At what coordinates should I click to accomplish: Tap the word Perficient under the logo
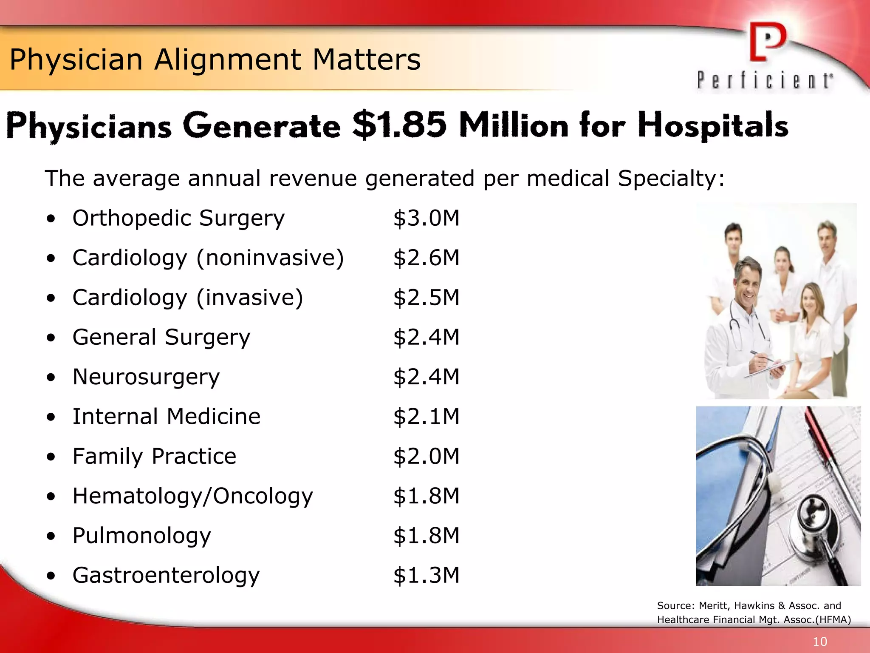(765, 81)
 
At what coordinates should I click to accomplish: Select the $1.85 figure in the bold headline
(399, 125)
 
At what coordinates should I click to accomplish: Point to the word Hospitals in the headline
(713, 126)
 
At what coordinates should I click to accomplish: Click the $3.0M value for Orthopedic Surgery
(426, 218)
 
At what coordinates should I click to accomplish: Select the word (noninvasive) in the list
(270, 258)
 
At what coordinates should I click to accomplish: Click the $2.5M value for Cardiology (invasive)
(426, 298)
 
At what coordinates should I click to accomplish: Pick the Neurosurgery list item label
(146, 377)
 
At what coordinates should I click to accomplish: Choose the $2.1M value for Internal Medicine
(426, 417)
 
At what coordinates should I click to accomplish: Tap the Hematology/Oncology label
(192, 496)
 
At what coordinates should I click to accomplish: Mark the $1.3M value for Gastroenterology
(426, 575)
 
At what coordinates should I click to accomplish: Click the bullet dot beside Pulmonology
(51, 537)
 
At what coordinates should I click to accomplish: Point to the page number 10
(820, 642)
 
